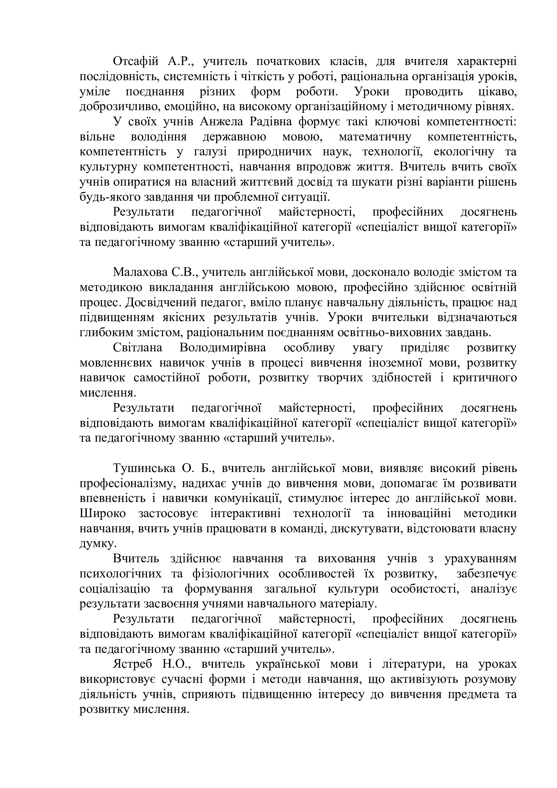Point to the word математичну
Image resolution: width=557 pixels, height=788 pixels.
click(x=375, y=137)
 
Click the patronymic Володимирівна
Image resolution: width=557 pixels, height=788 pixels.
click(x=223, y=348)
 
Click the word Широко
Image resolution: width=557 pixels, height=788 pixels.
click(x=103, y=513)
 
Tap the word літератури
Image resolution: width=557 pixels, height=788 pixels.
click(x=411, y=664)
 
